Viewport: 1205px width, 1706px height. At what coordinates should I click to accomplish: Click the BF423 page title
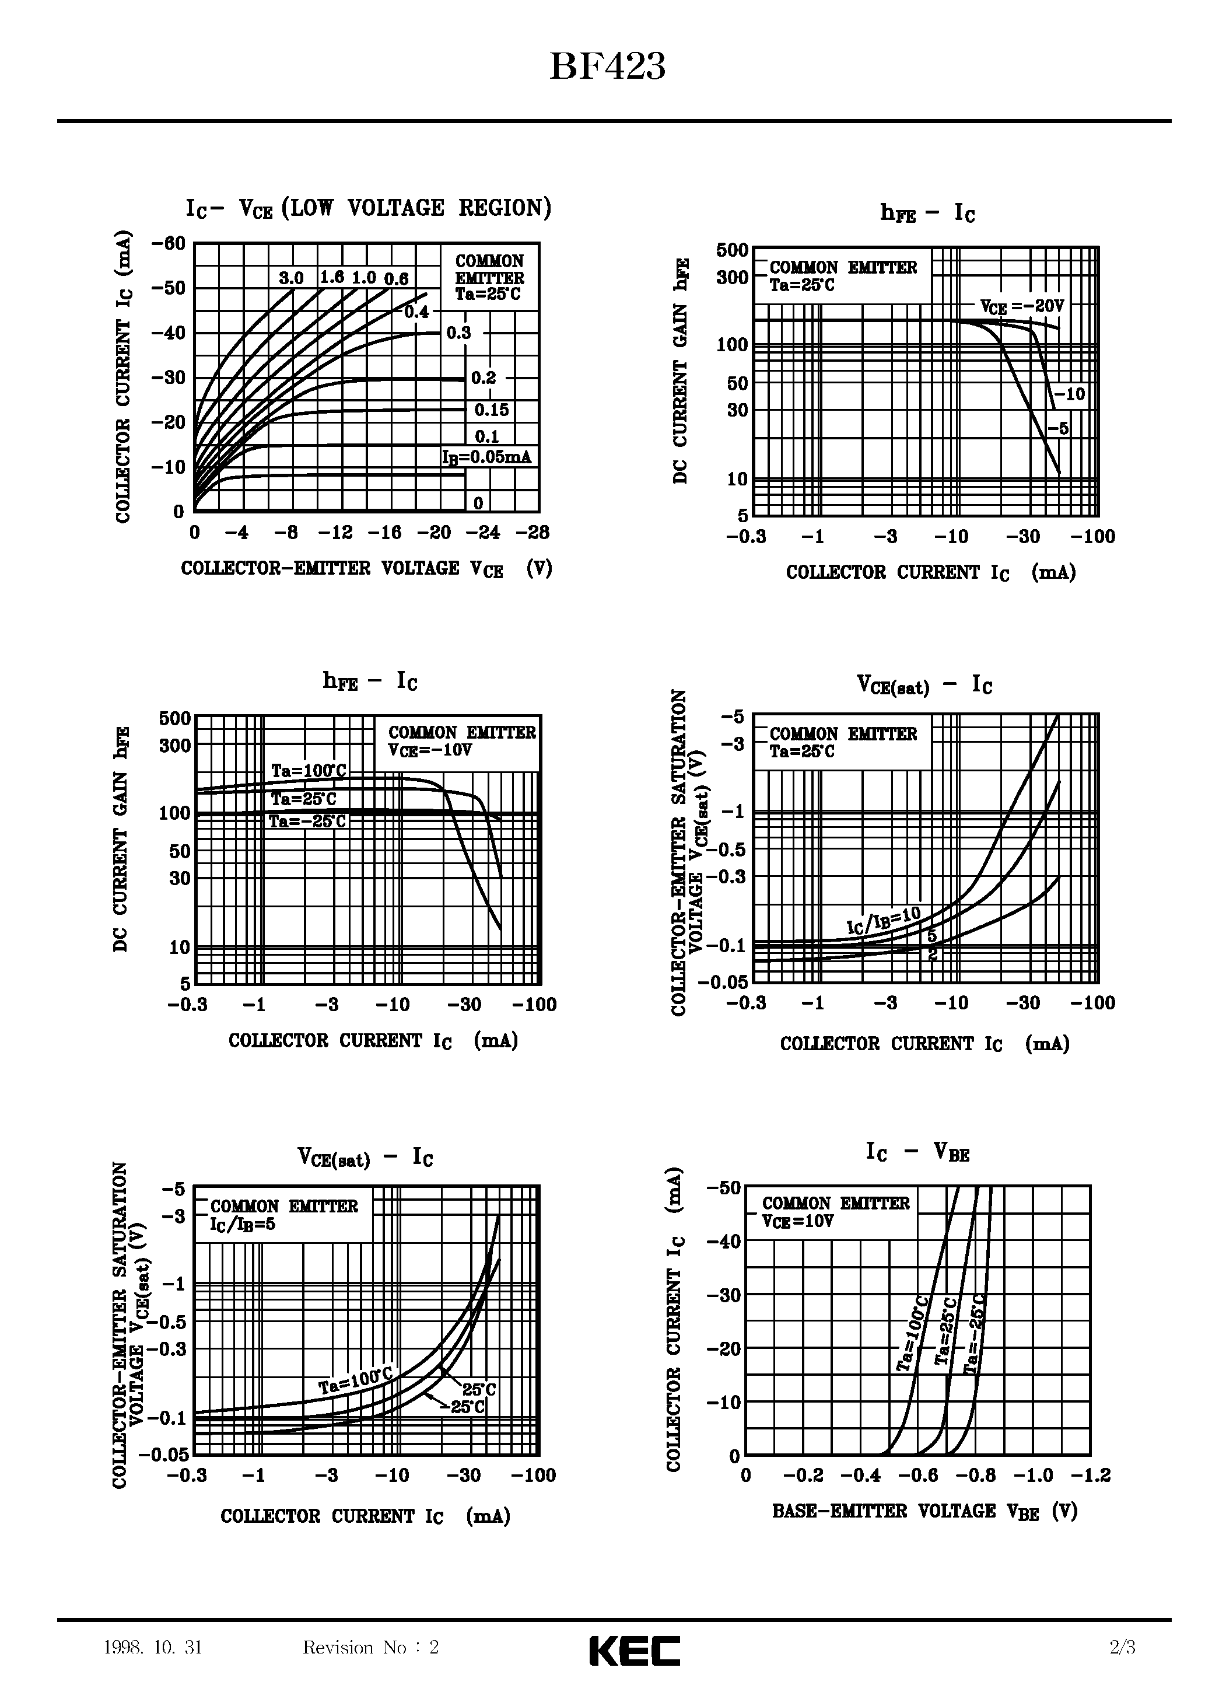[x=607, y=67]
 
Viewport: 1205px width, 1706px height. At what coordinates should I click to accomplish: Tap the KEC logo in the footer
[x=635, y=1651]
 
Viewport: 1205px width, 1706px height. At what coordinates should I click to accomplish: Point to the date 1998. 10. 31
[x=153, y=1648]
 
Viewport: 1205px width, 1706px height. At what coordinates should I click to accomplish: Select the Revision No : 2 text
[x=371, y=1648]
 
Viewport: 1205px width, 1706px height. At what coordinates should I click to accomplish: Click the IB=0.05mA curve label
[x=486, y=457]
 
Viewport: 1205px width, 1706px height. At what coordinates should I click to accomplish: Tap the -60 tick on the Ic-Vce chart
[x=168, y=244]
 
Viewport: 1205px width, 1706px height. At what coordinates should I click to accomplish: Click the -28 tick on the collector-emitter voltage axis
[x=532, y=532]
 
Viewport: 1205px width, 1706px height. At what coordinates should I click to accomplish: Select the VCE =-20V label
[x=1022, y=306]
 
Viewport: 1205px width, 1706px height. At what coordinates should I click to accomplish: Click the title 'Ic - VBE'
[x=918, y=1153]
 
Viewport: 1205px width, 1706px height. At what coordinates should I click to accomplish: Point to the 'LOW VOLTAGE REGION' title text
[x=418, y=208]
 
